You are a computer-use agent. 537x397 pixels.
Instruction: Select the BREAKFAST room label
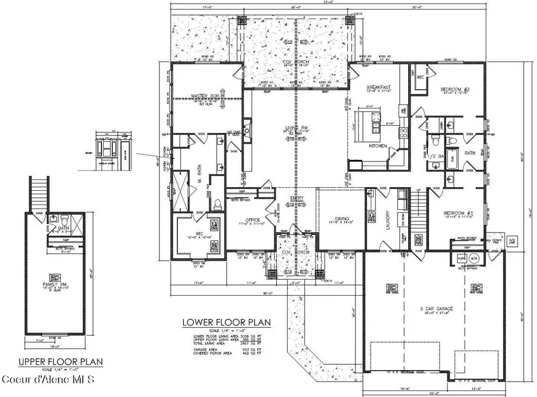click(379, 88)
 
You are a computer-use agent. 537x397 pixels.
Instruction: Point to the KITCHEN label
click(378, 146)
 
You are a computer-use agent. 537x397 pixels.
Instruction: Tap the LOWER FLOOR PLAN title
click(226, 322)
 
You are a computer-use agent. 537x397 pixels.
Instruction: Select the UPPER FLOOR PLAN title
click(60, 361)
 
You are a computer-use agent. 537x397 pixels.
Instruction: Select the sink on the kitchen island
click(375, 126)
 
